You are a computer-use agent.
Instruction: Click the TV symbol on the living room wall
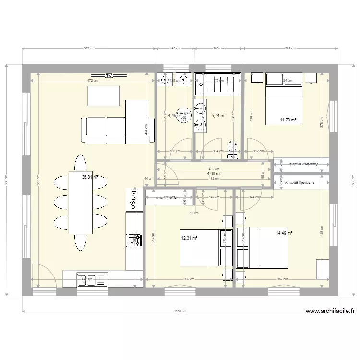click(x=109, y=76)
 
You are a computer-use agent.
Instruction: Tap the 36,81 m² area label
click(x=90, y=177)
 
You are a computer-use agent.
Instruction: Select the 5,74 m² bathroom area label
click(x=218, y=116)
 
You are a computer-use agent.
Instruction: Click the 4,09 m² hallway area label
click(x=214, y=174)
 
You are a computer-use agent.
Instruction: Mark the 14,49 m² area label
click(x=284, y=233)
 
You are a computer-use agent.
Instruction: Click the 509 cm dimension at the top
click(x=89, y=48)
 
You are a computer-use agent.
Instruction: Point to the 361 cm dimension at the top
click(x=290, y=48)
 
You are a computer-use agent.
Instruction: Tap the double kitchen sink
click(x=92, y=279)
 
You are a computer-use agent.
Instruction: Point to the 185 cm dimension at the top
click(x=219, y=48)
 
